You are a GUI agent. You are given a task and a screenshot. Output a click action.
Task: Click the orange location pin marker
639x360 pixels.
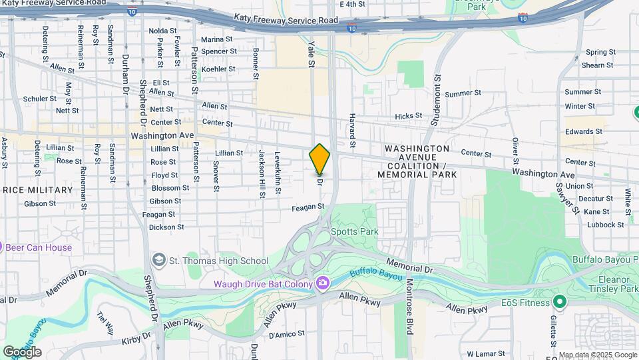pos(319,160)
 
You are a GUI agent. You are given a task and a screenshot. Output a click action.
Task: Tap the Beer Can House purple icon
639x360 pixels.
pos(2,247)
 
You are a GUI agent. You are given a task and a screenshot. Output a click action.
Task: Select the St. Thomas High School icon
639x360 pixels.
pos(159,259)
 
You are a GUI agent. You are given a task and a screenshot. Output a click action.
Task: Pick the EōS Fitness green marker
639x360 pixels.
pos(559,302)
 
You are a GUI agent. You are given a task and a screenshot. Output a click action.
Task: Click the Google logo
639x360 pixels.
pos(22,351)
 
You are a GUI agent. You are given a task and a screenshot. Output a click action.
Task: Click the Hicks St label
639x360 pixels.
pos(408,115)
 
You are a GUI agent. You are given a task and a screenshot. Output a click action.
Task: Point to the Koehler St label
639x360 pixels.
pos(218,69)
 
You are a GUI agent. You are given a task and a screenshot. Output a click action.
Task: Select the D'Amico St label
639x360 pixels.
pos(286,333)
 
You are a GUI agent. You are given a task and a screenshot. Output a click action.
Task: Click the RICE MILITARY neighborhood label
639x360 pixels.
pos(37,190)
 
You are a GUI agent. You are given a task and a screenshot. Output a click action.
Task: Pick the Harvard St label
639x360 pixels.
pos(352,130)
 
